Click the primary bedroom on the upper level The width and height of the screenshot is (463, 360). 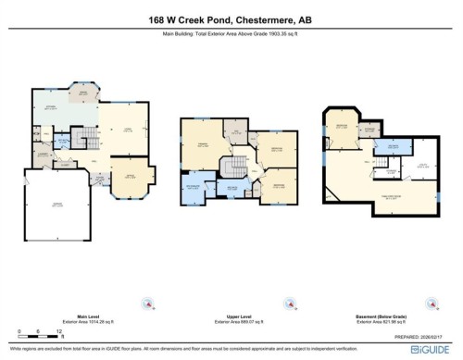[x=201, y=147]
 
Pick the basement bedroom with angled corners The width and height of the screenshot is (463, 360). [x=341, y=129]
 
